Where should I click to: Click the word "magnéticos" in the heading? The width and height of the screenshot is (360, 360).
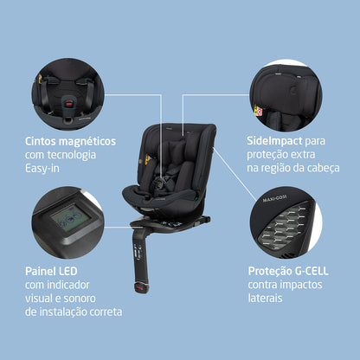[87, 142]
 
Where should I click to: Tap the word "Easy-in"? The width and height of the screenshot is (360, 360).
[42, 168]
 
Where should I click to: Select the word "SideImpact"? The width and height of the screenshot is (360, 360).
[274, 141]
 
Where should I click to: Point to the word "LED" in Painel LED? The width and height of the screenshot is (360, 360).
[68, 271]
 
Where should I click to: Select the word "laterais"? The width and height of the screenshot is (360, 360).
[265, 298]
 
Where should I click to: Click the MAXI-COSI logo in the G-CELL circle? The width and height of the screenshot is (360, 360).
[274, 198]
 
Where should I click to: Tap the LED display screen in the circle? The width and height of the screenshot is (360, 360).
[71, 218]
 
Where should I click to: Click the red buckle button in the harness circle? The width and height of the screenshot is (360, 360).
[68, 103]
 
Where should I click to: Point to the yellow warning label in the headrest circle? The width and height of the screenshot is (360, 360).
[258, 110]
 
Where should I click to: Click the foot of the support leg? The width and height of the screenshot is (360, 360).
[143, 286]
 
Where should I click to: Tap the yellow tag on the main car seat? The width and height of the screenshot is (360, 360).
[148, 158]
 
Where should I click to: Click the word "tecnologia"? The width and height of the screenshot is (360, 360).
[72, 155]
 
